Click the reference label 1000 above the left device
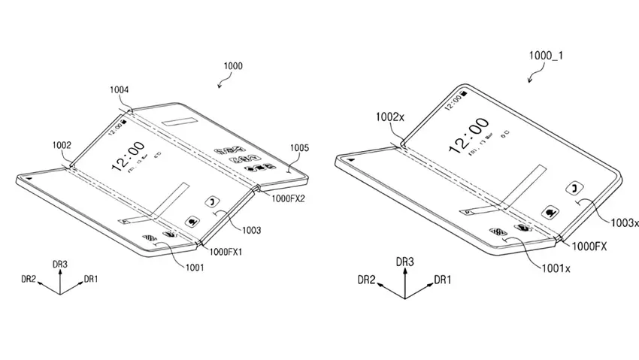(x=233, y=66)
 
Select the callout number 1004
(x=120, y=90)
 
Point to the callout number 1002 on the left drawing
(x=62, y=144)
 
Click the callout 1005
(x=298, y=149)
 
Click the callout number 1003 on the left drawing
(x=252, y=230)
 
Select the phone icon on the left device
(x=211, y=201)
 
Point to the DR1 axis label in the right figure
(x=443, y=280)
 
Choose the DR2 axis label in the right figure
(x=367, y=280)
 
